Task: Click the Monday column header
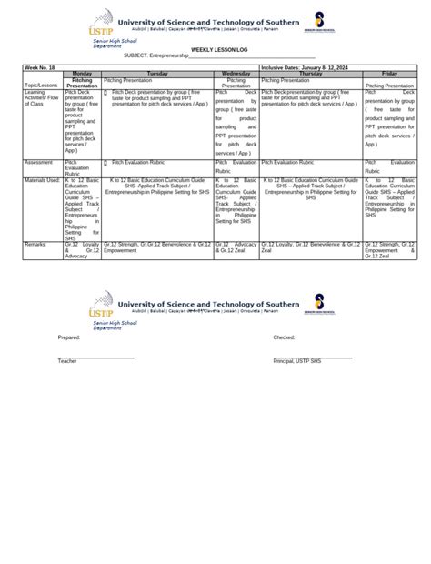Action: (82, 73)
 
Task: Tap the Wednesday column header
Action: (236, 73)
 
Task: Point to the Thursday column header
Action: (311, 73)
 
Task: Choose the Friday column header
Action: (389, 73)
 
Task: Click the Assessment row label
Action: (39, 161)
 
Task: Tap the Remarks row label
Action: (37, 245)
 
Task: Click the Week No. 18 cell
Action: (42, 67)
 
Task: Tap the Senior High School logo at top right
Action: (320, 23)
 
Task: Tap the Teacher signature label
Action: (67, 361)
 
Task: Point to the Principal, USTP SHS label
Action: (297, 361)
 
